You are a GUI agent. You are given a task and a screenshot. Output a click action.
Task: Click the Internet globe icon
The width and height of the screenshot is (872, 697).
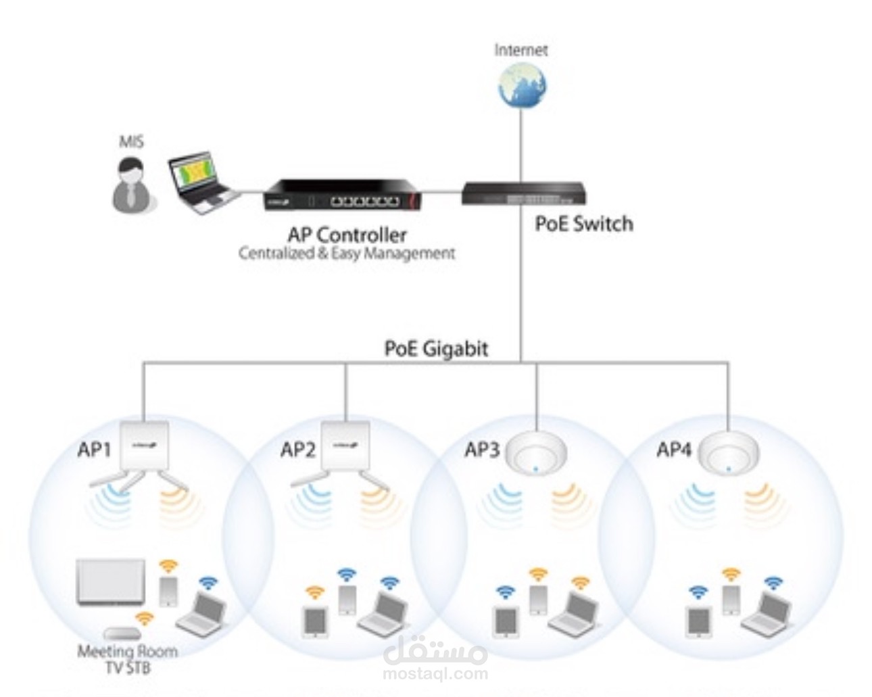click(x=521, y=85)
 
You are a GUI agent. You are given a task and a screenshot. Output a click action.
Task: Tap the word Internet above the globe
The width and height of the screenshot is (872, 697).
click(x=521, y=50)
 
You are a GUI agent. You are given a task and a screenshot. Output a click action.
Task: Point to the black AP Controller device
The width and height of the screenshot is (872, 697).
click(x=343, y=195)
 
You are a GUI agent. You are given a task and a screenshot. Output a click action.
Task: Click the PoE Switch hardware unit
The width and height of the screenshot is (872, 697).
click(x=523, y=194)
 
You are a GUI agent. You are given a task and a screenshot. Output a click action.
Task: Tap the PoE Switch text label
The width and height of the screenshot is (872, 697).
click(x=584, y=224)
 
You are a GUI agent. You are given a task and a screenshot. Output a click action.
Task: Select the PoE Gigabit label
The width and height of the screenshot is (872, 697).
click(x=437, y=349)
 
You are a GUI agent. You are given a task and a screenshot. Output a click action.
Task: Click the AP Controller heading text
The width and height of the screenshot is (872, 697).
click(x=347, y=235)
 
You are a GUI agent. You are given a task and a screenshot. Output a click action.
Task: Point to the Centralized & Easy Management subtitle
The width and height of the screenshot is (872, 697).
click(x=347, y=254)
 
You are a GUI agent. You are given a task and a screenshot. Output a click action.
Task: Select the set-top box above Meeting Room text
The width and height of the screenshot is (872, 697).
click(x=122, y=633)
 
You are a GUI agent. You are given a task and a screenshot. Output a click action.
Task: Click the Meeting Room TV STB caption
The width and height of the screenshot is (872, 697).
click(x=128, y=660)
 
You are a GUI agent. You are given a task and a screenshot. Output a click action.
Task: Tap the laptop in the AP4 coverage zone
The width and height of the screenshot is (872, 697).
click(x=767, y=612)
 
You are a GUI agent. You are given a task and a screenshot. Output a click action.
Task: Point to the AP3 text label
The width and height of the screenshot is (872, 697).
click(x=482, y=450)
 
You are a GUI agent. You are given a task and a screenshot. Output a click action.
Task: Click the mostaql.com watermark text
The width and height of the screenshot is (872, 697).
click(x=435, y=674)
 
